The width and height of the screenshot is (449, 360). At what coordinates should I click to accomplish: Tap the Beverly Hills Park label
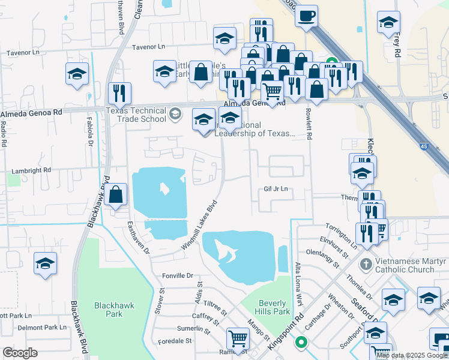pyautogui.click(x=274, y=307)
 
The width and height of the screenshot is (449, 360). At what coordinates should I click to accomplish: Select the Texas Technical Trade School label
pyautogui.click(x=136, y=115)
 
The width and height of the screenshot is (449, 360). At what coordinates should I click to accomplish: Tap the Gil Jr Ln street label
pyautogui.click(x=276, y=189)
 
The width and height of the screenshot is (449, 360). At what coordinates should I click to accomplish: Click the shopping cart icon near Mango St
pyautogui.click(x=238, y=339)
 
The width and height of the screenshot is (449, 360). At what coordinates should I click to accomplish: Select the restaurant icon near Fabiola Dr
pyautogui.click(x=119, y=93)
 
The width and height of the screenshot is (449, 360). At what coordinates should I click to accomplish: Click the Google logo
pyautogui.click(x=20, y=353)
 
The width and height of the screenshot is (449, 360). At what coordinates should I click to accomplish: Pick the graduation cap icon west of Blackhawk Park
pyautogui.click(x=44, y=264)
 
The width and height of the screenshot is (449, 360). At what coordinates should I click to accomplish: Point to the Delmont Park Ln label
pyautogui.click(x=42, y=328)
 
